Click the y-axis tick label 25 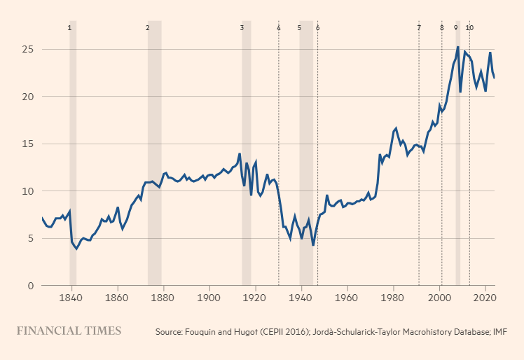(x=28, y=50)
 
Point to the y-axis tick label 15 (x=28, y=144)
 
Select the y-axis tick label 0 (x=30, y=286)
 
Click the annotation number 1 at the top (x=69, y=27)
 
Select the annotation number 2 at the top (x=147, y=27)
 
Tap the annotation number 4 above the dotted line (x=278, y=27)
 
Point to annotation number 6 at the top (x=317, y=27)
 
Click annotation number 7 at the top (x=419, y=27)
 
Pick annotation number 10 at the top (x=469, y=27)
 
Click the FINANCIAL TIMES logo (x=69, y=331)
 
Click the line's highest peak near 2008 (x=457, y=47)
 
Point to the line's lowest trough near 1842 (x=76, y=249)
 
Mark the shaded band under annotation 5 (x=306, y=154)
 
